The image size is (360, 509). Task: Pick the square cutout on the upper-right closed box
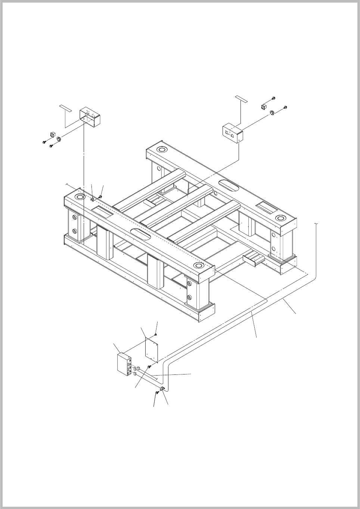227,132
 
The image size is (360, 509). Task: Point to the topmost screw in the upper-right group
274,98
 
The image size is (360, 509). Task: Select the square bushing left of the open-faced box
53,135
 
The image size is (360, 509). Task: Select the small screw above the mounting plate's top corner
157,334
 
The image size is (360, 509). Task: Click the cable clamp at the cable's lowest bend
162,390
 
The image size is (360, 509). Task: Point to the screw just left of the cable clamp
156,393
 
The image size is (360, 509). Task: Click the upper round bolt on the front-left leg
74,218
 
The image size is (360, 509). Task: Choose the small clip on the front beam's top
92,199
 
